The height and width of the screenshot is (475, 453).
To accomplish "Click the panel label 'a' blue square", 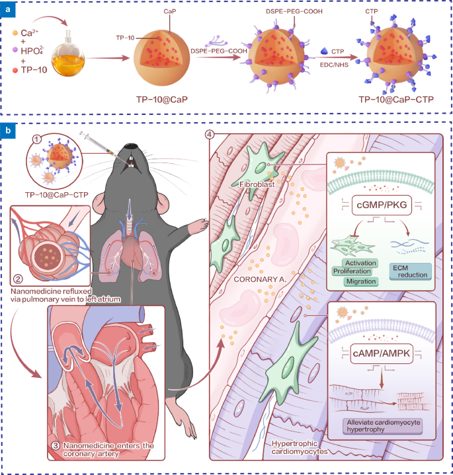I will click(7, 7).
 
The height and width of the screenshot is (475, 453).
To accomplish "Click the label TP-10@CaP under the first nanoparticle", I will click(161, 99).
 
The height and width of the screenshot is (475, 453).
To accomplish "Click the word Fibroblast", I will click(255, 186).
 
